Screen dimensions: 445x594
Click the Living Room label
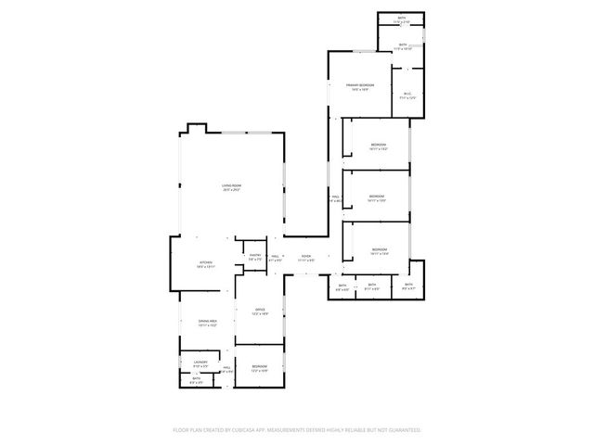point(231,188)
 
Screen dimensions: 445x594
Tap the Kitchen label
point(206,264)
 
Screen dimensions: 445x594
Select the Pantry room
point(253,258)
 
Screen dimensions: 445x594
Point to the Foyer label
point(305,259)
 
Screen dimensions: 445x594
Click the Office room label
point(261,311)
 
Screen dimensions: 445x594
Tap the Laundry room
point(200,362)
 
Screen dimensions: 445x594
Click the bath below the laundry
point(196,379)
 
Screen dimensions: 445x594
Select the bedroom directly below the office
point(260,368)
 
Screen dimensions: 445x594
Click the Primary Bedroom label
point(360,87)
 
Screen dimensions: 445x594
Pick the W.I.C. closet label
point(407,94)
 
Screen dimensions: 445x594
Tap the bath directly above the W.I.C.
point(402,45)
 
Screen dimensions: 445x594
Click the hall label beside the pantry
point(276,259)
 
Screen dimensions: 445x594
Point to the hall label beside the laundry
point(226,369)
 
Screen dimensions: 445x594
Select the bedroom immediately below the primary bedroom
point(378,146)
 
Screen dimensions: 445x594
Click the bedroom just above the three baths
point(379,251)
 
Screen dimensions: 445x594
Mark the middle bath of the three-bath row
point(371,286)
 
